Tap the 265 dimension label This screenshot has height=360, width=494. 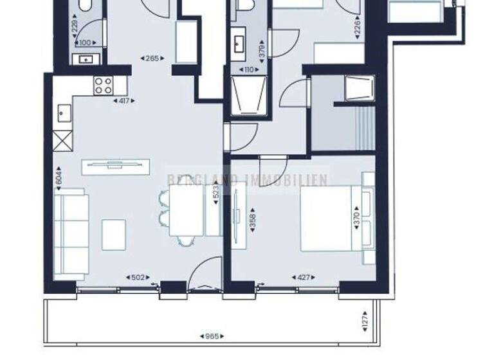click(151, 59)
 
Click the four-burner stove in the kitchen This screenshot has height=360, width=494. click(104, 85)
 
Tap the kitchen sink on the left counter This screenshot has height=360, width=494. click(64, 114)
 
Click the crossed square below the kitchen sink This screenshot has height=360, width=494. click(64, 139)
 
